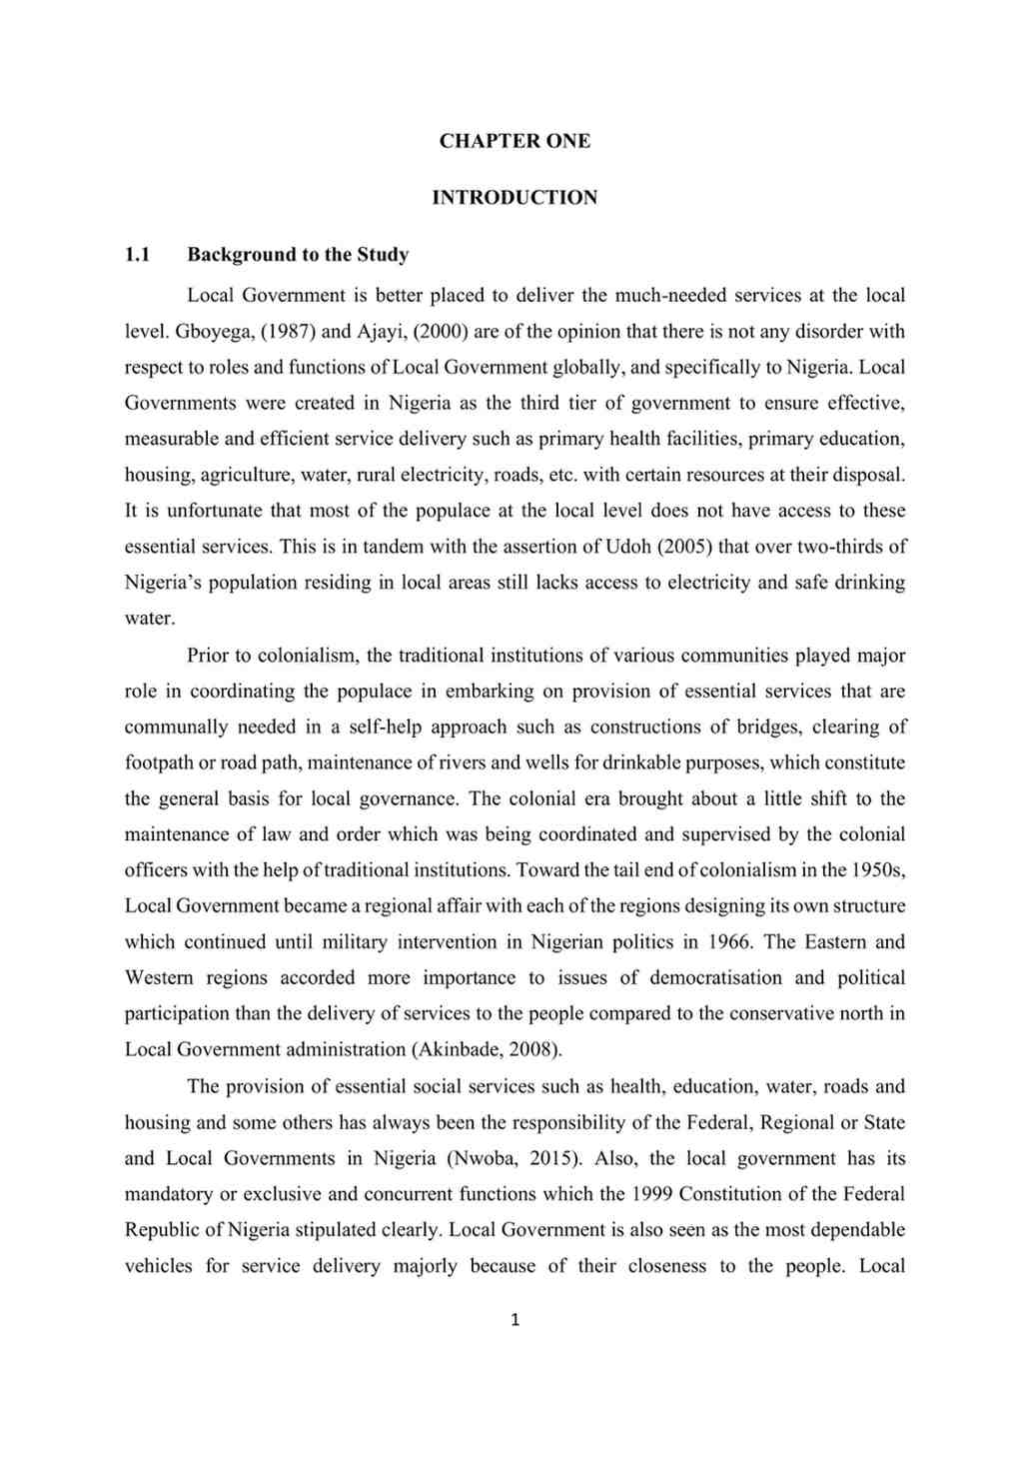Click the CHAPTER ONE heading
[x=515, y=141]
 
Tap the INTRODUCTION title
[x=515, y=198]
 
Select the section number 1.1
[x=137, y=255]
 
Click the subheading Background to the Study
[x=298, y=255]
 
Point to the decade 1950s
[x=877, y=870]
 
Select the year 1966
[x=729, y=942]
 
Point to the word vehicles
[x=158, y=1266]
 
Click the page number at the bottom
[x=515, y=1320]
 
